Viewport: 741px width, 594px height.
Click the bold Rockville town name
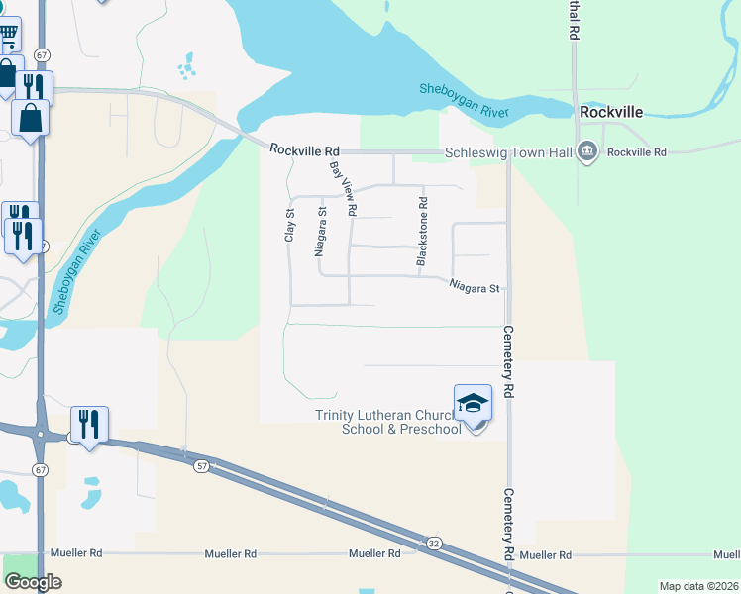(x=612, y=113)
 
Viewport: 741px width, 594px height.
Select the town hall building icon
(x=587, y=151)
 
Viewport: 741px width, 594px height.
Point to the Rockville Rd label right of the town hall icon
(x=637, y=152)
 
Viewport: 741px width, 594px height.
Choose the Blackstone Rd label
(x=422, y=231)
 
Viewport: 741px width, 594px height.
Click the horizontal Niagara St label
(x=473, y=289)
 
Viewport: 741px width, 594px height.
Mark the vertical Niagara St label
(x=320, y=232)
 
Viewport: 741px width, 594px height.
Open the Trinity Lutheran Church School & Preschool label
(x=389, y=422)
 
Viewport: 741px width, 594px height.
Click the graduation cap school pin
(x=474, y=403)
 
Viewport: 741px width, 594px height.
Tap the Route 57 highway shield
(x=202, y=465)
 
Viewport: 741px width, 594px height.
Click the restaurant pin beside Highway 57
(x=89, y=424)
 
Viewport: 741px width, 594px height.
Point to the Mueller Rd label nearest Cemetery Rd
(x=547, y=555)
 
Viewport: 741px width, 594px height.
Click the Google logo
(x=33, y=582)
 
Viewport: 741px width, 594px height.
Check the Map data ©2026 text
(x=698, y=586)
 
